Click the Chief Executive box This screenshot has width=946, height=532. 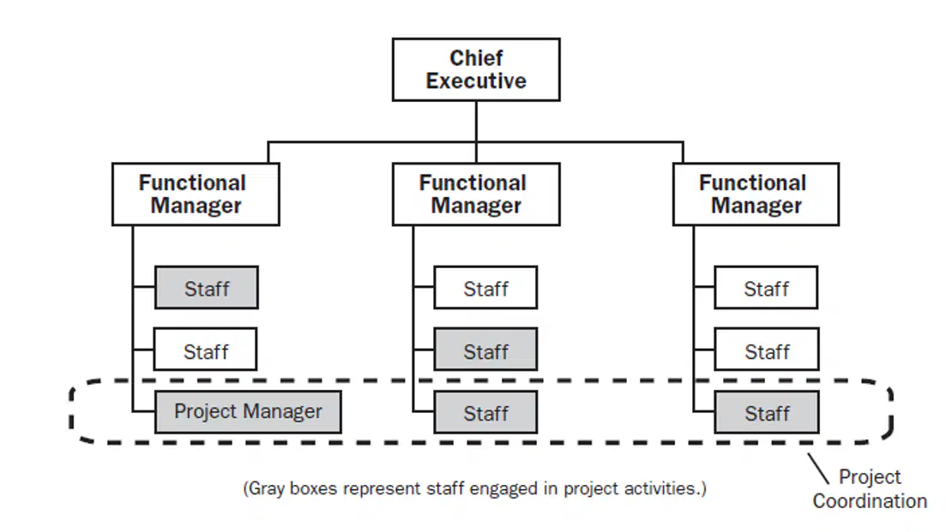pos(476,70)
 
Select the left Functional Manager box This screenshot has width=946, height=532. pos(196,194)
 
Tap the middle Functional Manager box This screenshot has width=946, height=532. pos(476,194)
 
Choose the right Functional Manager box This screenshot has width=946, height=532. pos(756,194)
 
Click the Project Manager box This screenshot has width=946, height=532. pos(248,412)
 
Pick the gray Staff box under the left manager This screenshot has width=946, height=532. pos(207,287)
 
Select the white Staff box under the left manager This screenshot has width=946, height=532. pos(206,350)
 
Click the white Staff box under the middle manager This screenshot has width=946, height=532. pos(485,287)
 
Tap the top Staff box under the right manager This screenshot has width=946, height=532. pos(766,287)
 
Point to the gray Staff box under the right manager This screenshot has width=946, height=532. pos(767,412)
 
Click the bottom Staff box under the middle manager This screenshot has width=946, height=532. pos(485,412)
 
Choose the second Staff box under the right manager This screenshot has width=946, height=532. pos(767,350)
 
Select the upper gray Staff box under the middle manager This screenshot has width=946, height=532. pos(485,350)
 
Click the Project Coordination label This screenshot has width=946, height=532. pos(870,488)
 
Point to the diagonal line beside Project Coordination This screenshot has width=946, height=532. pos(818,469)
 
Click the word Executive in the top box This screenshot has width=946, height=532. pos(476,81)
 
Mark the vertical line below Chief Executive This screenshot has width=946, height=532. pos(476,122)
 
